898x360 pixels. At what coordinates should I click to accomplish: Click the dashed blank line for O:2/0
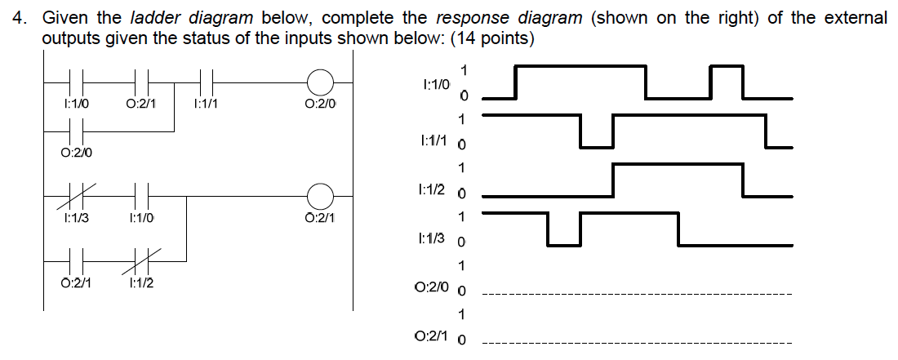[x=637, y=294]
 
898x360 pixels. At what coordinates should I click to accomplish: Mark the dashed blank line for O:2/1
[x=637, y=343]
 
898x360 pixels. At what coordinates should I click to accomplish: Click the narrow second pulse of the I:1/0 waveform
[x=727, y=65]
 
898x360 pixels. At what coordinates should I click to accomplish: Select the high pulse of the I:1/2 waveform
[x=678, y=165]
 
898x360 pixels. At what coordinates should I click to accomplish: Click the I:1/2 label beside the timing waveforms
[x=430, y=189]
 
